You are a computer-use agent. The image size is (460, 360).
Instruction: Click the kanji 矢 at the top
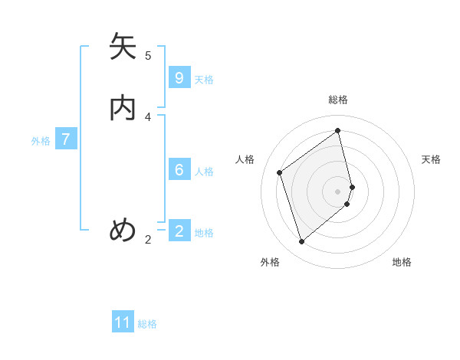123,47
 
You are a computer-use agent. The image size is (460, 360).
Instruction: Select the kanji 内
123,107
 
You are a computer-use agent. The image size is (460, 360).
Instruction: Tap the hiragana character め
123,230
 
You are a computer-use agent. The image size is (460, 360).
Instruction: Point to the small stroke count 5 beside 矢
148,55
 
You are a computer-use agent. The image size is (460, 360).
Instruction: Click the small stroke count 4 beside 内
148,116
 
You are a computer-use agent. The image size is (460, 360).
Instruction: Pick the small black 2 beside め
148,240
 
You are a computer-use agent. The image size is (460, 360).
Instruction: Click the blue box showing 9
179,78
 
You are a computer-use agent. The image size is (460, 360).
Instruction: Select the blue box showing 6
179,170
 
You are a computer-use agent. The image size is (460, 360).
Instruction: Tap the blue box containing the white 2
179,231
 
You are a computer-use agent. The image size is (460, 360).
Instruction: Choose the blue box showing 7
66,139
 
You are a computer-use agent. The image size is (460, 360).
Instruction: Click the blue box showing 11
123,322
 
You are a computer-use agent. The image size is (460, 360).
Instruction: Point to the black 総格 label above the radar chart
338,100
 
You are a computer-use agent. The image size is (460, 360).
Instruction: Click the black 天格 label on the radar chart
431,159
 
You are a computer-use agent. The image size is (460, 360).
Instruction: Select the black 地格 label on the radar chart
402,262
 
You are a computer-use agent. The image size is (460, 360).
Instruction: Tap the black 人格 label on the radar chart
245,159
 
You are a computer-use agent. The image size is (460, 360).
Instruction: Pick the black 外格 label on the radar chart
270,262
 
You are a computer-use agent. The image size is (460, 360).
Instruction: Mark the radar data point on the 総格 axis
338,130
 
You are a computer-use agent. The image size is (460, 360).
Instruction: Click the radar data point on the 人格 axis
280,172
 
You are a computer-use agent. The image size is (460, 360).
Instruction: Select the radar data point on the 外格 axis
301,242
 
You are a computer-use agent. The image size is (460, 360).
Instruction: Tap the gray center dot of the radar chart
338,191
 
